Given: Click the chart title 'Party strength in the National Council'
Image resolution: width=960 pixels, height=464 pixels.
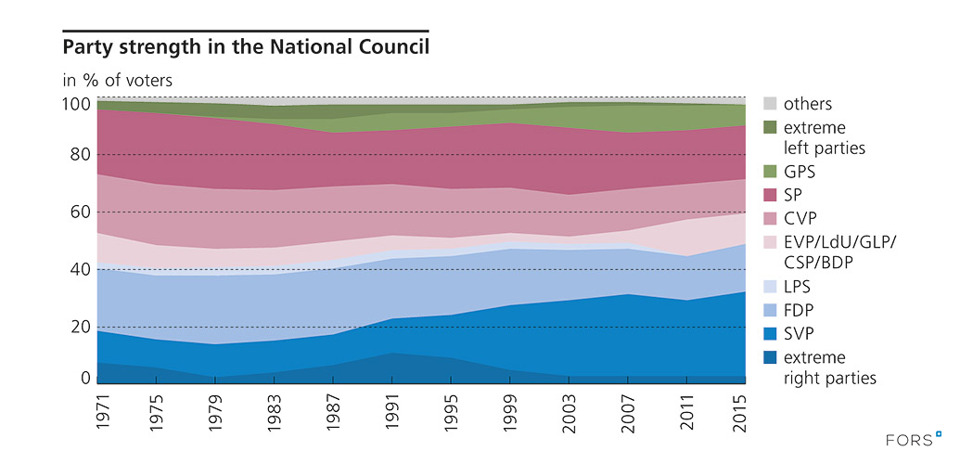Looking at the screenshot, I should click(246, 45).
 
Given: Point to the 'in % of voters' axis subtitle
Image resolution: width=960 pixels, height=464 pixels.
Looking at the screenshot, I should click(117, 80).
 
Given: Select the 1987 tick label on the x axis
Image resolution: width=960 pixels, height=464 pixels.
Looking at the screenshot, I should click(332, 410).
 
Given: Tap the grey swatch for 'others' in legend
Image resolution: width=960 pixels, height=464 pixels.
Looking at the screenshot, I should click(770, 104).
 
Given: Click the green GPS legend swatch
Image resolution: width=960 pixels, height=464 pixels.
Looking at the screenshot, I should click(770, 172).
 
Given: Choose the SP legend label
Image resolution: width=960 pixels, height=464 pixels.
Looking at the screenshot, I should click(793, 195).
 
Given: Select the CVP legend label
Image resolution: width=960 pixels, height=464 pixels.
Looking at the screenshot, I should click(800, 218).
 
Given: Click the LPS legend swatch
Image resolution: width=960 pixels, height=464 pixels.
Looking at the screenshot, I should click(770, 286).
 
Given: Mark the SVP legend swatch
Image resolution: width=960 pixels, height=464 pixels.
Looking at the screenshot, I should click(770, 331).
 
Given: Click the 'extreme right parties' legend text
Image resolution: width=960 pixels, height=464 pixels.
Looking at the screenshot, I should click(829, 367).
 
